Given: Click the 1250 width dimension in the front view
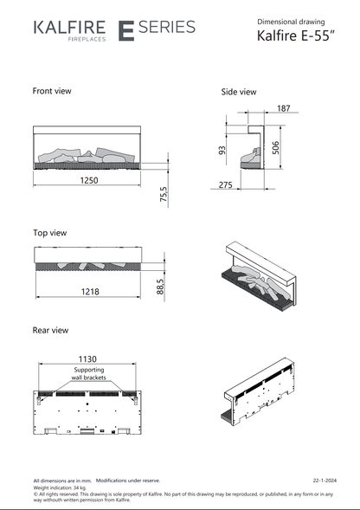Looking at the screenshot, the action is tap(89, 180).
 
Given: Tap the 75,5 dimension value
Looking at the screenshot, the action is tap(164, 194).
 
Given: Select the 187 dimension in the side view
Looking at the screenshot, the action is tap(284, 108).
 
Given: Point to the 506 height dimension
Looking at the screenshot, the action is tap(275, 148).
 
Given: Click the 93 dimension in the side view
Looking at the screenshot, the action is tap(222, 151).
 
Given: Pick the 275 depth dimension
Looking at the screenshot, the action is tap(225, 185).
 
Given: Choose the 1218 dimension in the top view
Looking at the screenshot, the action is tap(90, 292).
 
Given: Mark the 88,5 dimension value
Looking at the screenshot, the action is tap(160, 287).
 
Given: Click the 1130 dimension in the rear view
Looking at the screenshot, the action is tap(87, 359).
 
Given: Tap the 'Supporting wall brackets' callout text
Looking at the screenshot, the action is tap(89, 374).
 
